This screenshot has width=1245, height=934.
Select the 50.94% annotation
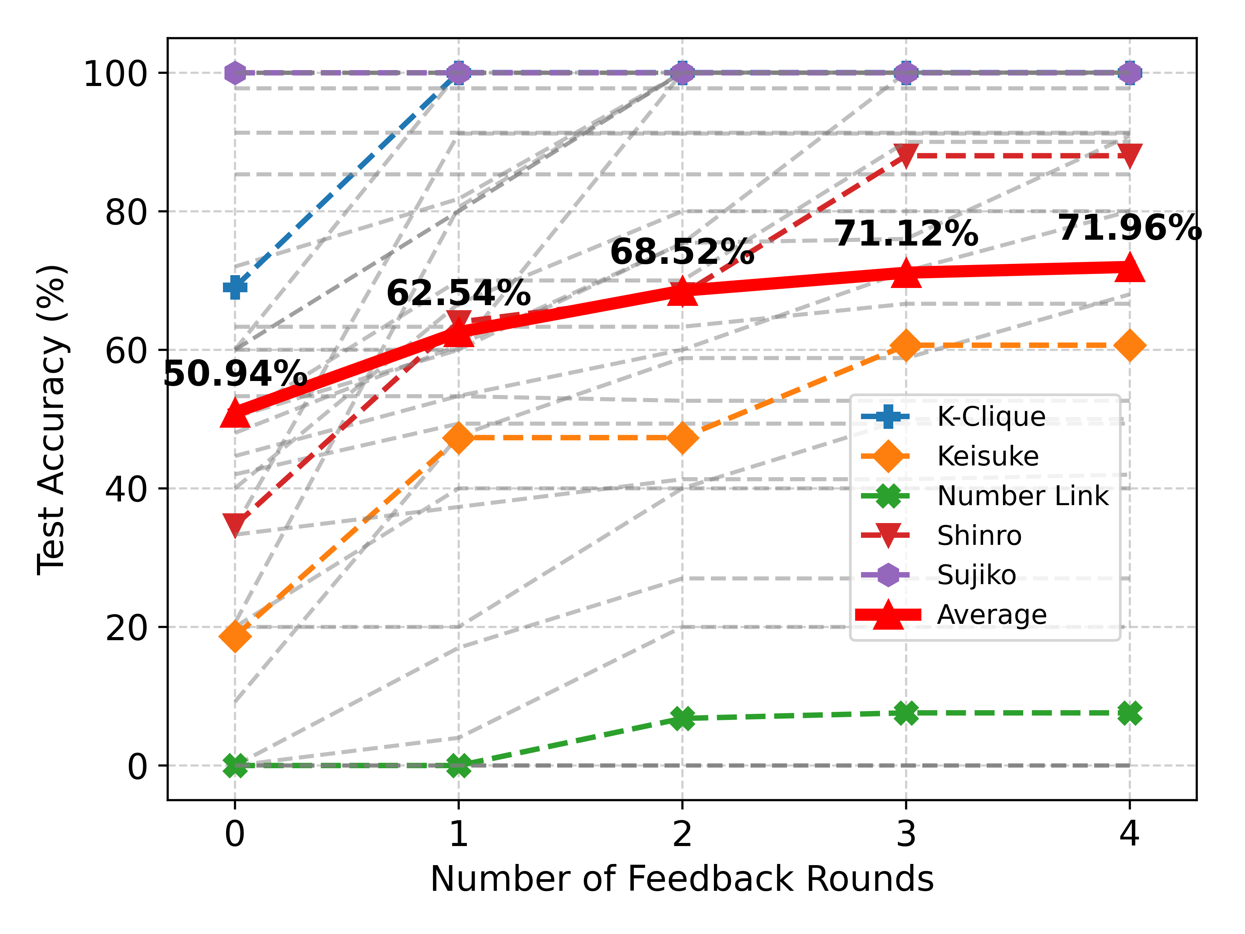point(235,373)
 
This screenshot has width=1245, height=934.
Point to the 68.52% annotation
point(682,252)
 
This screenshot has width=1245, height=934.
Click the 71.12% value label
point(906,233)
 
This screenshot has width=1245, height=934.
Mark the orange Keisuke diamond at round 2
point(682,438)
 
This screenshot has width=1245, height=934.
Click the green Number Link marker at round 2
point(682,718)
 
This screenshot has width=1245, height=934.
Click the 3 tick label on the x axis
point(906,834)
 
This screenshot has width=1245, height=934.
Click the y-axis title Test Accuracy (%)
point(52,420)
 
